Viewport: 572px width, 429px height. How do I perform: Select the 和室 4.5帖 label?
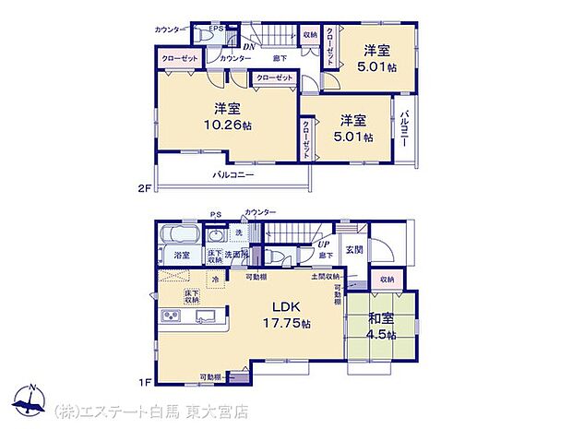point(382,328)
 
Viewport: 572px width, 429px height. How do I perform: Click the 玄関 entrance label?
point(354,250)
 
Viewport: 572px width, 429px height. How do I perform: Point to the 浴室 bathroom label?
point(182,256)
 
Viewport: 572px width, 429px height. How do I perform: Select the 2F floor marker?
point(143,188)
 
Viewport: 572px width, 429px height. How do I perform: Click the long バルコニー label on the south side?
point(234,174)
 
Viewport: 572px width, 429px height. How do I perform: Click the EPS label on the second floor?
point(215,29)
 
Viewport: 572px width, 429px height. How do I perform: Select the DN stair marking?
point(247,46)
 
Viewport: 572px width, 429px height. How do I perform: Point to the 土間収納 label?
point(324,276)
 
